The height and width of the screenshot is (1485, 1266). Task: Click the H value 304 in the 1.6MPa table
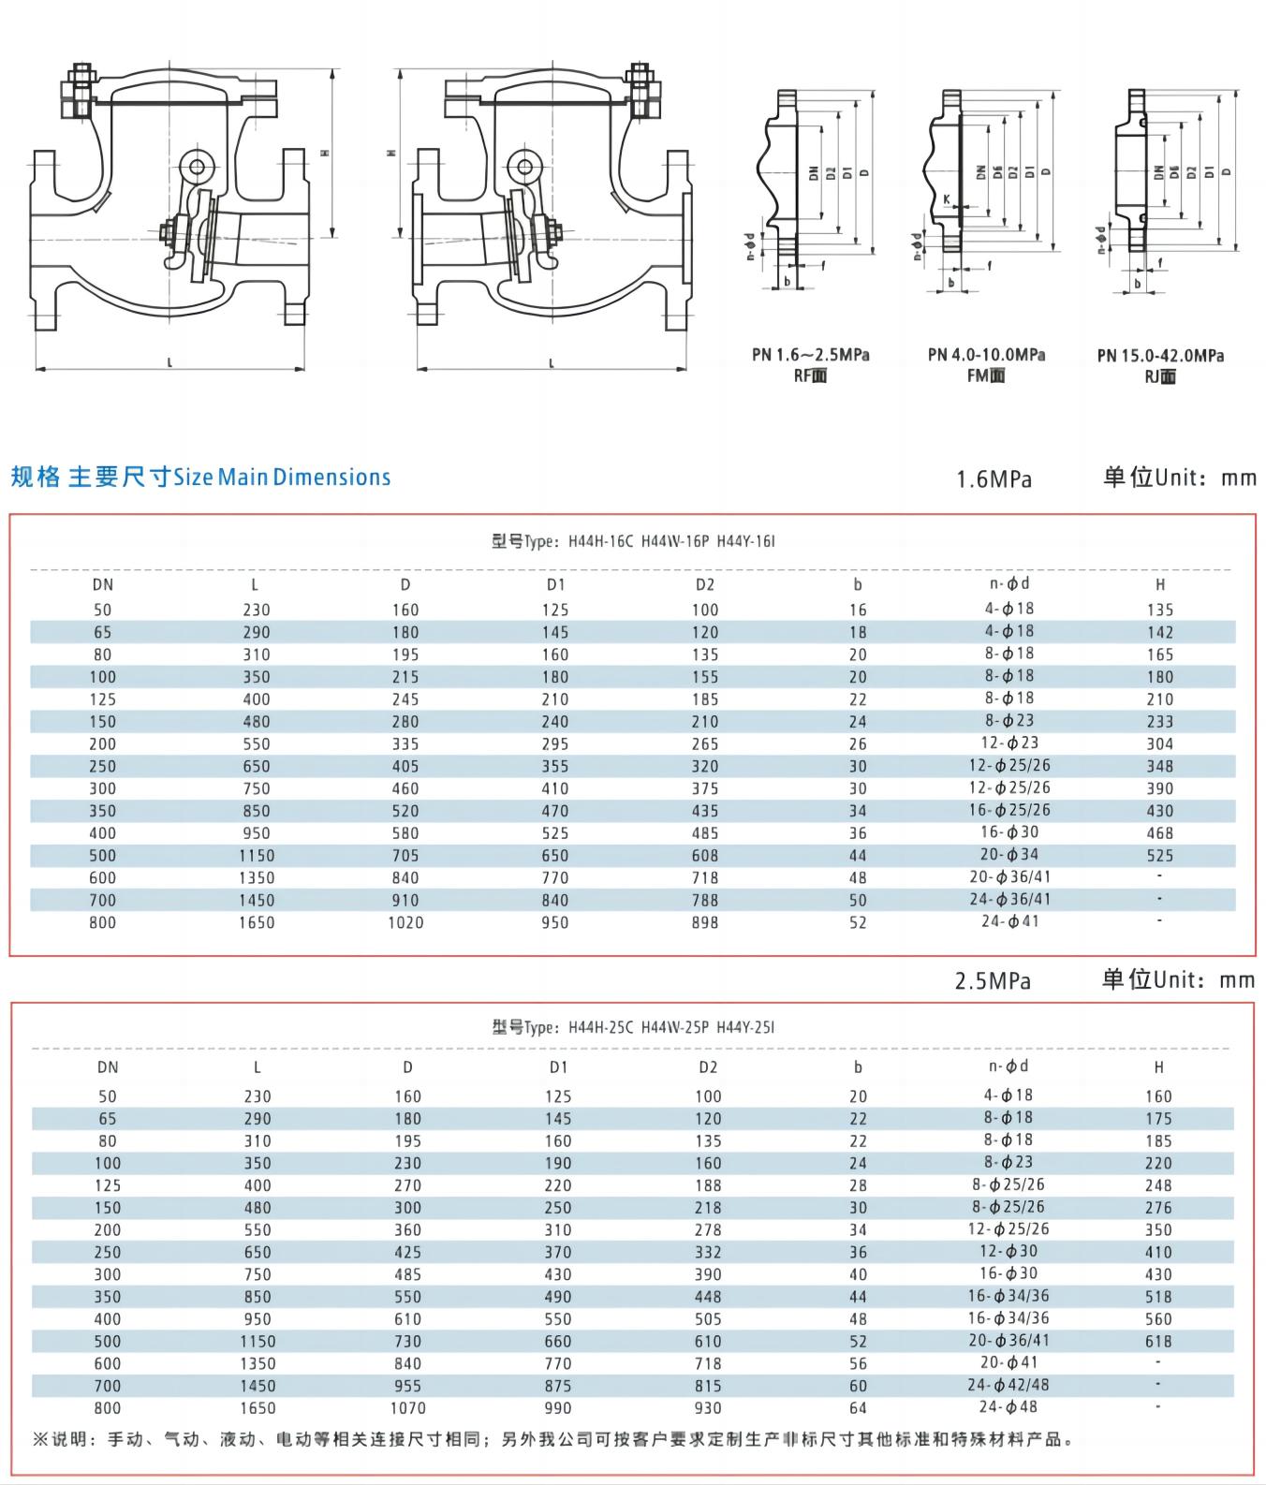pyautogui.click(x=1159, y=744)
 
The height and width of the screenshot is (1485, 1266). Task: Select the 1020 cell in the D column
pyautogui.click(x=405, y=923)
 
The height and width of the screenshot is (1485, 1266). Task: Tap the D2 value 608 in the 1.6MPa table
pyautogui.click(x=705, y=856)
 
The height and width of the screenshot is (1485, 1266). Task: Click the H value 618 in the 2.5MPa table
pyautogui.click(x=1158, y=1342)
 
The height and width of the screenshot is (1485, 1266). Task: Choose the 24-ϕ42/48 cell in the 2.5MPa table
pyautogui.click(x=1009, y=1385)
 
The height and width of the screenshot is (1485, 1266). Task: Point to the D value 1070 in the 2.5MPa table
pyautogui.click(x=407, y=1408)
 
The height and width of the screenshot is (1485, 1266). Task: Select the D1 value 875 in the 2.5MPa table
pyautogui.click(x=558, y=1386)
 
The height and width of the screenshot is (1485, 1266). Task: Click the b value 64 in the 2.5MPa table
pyautogui.click(x=858, y=1408)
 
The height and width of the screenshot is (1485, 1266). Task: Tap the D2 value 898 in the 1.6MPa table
pyautogui.click(x=705, y=923)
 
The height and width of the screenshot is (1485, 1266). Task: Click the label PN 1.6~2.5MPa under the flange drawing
pyautogui.click(x=811, y=355)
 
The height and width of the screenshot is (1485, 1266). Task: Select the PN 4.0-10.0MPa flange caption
pyautogui.click(x=987, y=355)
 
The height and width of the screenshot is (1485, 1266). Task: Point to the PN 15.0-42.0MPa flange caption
pyautogui.click(x=1160, y=356)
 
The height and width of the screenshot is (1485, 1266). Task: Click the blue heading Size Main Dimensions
pyautogui.click(x=282, y=478)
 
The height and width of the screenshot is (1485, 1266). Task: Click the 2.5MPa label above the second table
pyautogui.click(x=993, y=981)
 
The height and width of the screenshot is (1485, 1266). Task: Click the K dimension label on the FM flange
pyautogui.click(x=948, y=199)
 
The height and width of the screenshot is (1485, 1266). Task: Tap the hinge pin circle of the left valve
pyautogui.click(x=197, y=167)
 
